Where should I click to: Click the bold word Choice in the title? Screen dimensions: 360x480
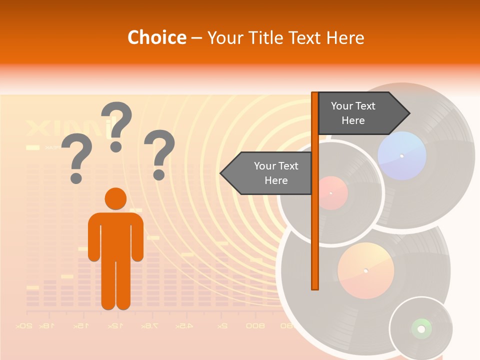coord(156,38)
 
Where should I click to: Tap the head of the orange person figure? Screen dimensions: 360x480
coord(115,198)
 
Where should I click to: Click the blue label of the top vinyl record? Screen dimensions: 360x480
coord(402,156)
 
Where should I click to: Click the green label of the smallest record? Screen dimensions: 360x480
coord(421,328)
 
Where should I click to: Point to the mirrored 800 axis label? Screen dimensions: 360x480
coord(255,326)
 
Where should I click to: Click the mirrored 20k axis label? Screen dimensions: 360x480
coord(23,326)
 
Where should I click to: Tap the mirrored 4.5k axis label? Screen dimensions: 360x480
coord(183,326)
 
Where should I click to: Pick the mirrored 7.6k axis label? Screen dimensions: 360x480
coord(149,326)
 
